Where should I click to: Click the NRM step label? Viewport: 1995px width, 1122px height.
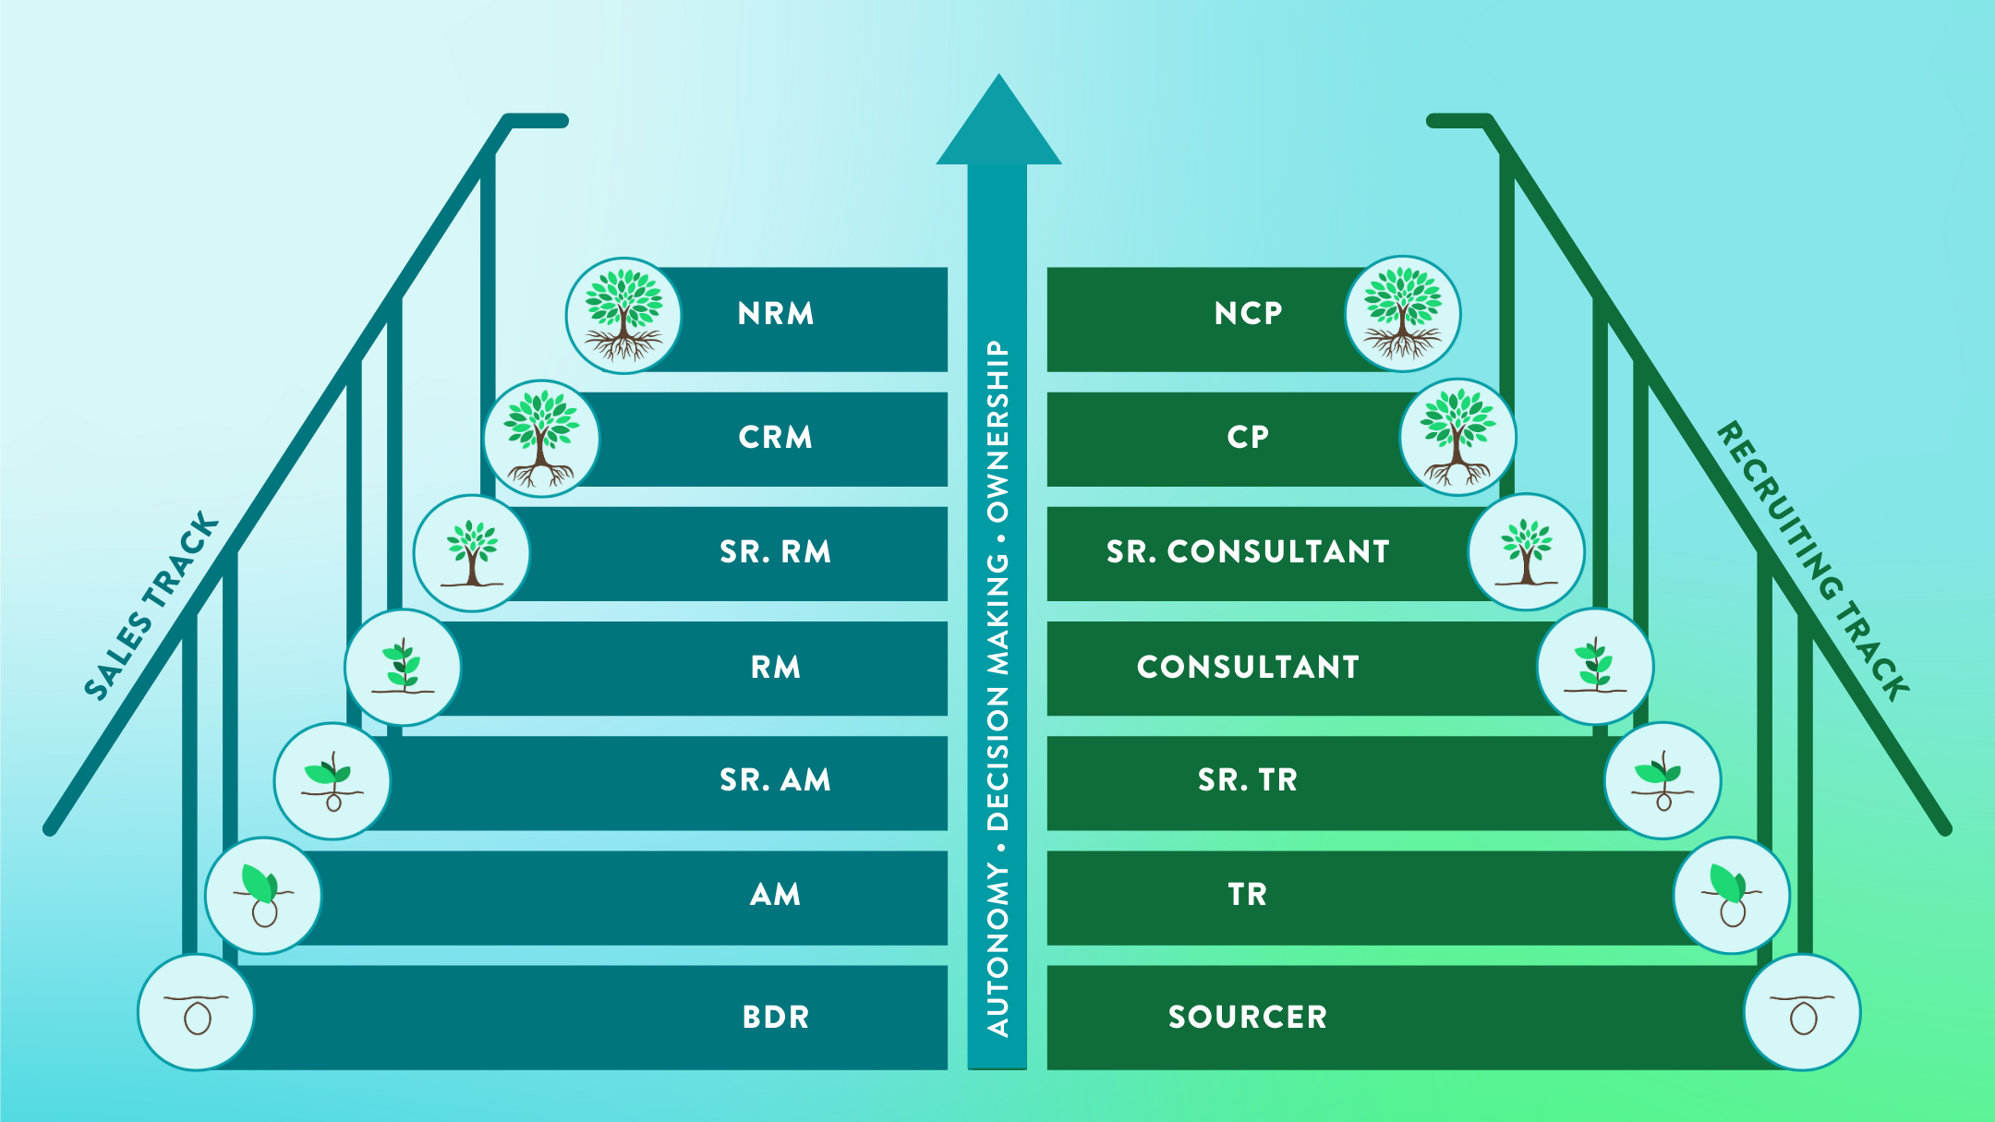pyautogui.click(x=776, y=314)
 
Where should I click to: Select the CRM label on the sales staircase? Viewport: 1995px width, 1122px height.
pyautogui.click(x=776, y=437)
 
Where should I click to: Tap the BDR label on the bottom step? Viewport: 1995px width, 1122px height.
pyautogui.click(x=776, y=1017)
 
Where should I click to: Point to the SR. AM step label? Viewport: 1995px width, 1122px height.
pyautogui.click(x=776, y=780)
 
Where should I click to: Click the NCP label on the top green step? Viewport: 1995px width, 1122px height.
pyautogui.click(x=1248, y=314)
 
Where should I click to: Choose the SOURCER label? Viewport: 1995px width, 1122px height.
pyautogui.click(x=1248, y=1017)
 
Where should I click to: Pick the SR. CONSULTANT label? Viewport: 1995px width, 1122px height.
pyautogui.click(x=1248, y=551)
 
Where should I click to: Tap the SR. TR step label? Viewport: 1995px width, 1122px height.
pyautogui.click(x=1248, y=780)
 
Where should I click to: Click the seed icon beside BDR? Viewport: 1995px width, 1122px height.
pyautogui.click(x=196, y=1012)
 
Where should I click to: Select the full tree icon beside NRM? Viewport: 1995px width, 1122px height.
pyautogui.click(x=623, y=315)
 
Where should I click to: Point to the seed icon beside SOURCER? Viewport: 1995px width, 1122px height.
pyautogui.click(x=1802, y=1012)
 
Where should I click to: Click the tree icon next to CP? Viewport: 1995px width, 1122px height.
pyautogui.click(x=1457, y=437)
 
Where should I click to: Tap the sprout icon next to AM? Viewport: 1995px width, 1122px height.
pyautogui.click(x=263, y=895)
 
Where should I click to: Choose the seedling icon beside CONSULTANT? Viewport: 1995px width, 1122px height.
pyautogui.click(x=1595, y=666)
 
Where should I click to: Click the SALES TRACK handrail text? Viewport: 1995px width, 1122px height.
pyautogui.click(x=152, y=606)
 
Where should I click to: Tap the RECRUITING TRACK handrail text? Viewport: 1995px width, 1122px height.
pyautogui.click(x=1813, y=561)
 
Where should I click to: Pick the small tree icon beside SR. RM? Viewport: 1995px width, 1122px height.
pyautogui.click(x=472, y=552)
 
